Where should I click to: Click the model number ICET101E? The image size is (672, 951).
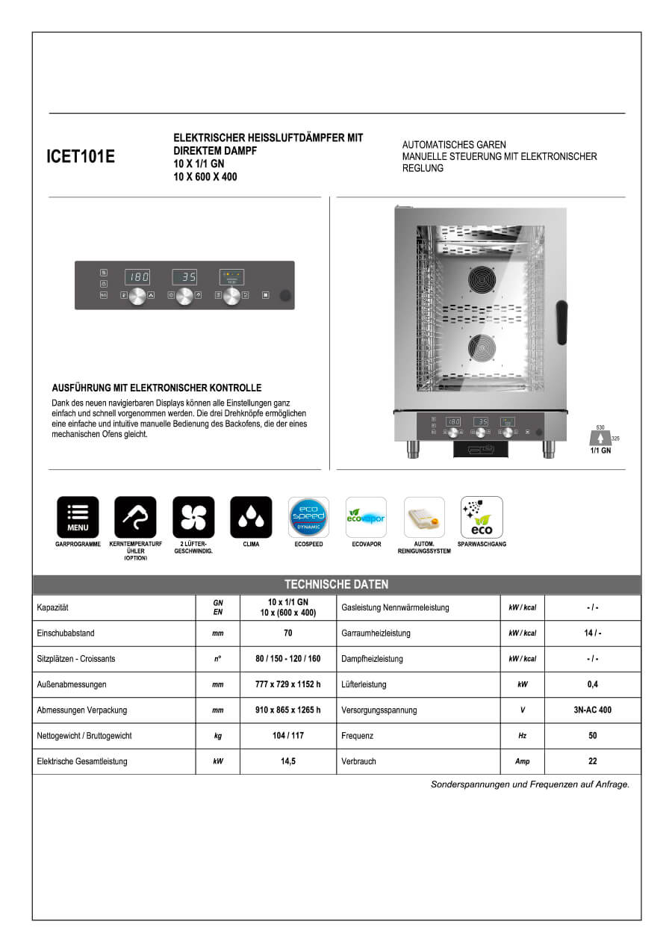coord(81,157)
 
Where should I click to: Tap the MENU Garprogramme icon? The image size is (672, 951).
coord(78,517)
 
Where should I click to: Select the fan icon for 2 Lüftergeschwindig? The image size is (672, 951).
coord(193,517)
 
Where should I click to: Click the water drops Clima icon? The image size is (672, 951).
coord(251,517)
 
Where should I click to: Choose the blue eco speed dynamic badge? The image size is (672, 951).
coord(308,517)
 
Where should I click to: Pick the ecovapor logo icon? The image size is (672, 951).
coord(366,517)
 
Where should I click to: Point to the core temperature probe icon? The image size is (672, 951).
coord(135,517)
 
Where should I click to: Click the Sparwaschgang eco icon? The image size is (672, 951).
coord(482,517)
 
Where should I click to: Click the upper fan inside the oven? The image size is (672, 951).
coord(482,280)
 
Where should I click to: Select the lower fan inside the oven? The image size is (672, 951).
coord(482,349)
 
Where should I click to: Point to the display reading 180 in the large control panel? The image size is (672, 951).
coord(137,277)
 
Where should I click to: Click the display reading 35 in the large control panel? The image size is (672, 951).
coord(184,277)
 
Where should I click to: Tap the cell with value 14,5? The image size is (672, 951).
coord(288,761)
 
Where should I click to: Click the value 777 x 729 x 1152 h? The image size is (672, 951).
coord(288,684)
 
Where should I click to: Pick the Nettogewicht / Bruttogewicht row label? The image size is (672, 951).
coord(84,736)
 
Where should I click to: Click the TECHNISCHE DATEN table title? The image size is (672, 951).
coord(336,584)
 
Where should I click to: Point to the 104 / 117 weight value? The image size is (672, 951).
coord(288,736)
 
